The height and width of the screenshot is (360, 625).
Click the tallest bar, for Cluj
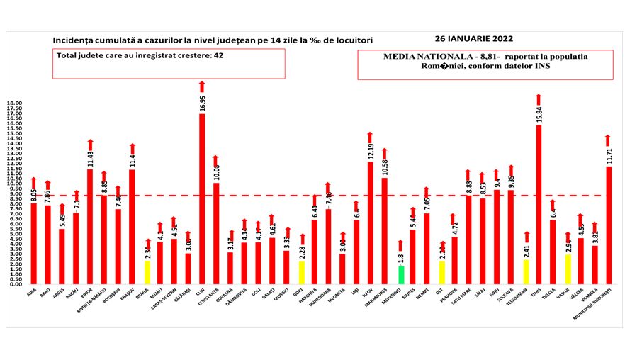(202, 198)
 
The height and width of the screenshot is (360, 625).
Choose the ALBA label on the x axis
(31, 292)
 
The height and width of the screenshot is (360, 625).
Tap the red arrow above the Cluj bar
(202, 87)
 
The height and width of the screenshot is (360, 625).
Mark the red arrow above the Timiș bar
(539, 99)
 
